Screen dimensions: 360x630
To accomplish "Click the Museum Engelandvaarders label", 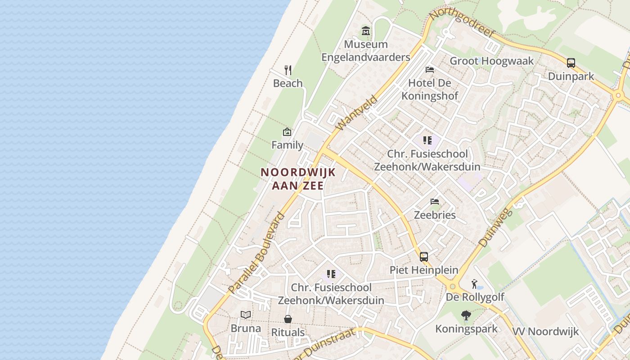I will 365,51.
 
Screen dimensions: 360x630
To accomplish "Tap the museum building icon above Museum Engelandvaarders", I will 366,31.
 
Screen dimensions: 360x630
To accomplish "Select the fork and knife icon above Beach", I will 288,70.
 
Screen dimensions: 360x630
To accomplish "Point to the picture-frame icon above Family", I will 287,132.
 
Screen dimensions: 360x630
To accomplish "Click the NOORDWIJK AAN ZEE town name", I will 298,179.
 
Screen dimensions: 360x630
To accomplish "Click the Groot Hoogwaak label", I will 491,61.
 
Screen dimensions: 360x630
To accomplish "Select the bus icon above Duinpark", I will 571,63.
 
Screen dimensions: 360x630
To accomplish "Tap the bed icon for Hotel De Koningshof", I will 430,70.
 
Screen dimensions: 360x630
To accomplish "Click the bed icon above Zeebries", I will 435,201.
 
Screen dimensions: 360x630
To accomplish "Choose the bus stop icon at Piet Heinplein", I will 424,257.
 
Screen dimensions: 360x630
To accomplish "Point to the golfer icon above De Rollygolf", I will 474,284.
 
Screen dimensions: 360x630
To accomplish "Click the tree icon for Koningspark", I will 466,315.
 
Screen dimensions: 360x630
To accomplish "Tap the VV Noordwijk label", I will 545,332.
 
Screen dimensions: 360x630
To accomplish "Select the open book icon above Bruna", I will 246,315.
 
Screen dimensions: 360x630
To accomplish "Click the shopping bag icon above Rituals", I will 288,319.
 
